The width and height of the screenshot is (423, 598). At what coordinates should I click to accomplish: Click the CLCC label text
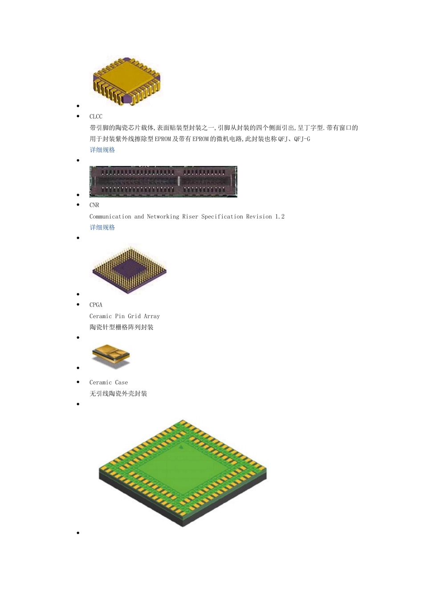(x=96, y=117)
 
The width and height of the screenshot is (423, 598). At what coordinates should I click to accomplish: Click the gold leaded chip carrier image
(x=126, y=81)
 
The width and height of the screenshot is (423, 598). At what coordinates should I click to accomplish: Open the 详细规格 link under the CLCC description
(x=102, y=150)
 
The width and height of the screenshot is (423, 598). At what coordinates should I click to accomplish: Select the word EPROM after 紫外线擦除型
(x=163, y=139)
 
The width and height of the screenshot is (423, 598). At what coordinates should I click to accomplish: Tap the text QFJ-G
(x=302, y=139)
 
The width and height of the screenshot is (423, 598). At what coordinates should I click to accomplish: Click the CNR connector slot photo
(x=163, y=182)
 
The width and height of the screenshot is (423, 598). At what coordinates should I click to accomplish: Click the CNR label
(x=94, y=205)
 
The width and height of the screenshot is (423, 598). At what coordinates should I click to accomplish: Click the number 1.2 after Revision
(x=280, y=217)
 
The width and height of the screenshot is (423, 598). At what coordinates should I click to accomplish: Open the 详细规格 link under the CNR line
(x=102, y=227)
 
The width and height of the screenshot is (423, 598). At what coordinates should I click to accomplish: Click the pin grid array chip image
(x=129, y=269)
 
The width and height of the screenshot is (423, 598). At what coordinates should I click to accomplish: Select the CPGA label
(x=96, y=305)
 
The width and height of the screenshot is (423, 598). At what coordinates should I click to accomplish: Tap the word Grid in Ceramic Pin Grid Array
(x=134, y=316)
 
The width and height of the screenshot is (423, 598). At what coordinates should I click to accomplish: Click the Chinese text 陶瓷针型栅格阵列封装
(x=122, y=327)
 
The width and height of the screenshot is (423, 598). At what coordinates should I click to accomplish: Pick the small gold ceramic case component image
(x=111, y=355)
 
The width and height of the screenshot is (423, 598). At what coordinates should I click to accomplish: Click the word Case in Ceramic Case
(x=121, y=383)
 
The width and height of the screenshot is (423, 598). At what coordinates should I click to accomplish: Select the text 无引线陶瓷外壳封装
(x=118, y=394)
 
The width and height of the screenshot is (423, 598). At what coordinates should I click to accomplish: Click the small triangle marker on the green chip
(x=181, y=446)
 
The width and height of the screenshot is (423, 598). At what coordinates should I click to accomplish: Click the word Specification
(x=222, y=217)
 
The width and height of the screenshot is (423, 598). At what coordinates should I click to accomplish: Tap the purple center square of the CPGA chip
(x=129, y=269)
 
